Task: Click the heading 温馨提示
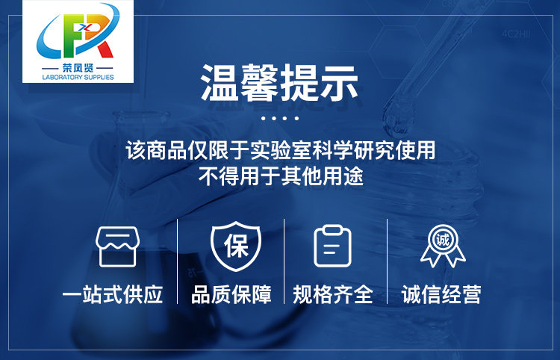(x=280, y=83)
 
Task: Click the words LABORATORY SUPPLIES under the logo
(x=78, y=77)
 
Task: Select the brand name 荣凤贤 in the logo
(x=78, y=68)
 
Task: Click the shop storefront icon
(x=117, y=246)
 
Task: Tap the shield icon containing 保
(x=236, y=246)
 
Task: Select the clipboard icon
(x=332, y=246)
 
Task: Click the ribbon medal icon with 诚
(x=443, y=246)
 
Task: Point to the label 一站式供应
(x=113, y=294)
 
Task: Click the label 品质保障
(x=231, y=294)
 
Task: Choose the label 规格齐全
(x=333, y=294)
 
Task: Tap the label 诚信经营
(x=441, y=294)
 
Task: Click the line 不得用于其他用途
(x=281, y=176)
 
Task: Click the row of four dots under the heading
(x=280, y=118)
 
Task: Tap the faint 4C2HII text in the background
(x=516, y=34)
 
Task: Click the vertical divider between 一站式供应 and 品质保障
(x=178, y=261)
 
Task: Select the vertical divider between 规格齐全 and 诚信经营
(x=387, y=261)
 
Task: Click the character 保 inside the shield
(x=236, y=246)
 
